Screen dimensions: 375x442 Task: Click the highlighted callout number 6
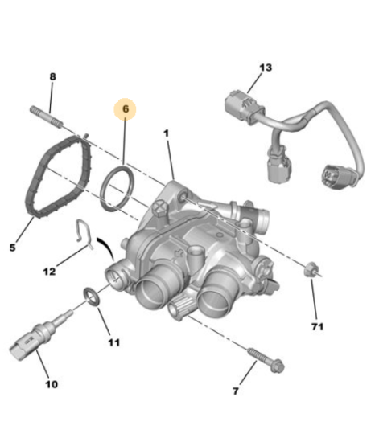tap(126, 108)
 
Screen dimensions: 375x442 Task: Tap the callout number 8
tap(53, 76)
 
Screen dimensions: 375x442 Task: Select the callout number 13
tap(266, 68)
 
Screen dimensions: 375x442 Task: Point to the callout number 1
tap(167, 133)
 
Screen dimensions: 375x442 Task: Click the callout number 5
tap(12, 248)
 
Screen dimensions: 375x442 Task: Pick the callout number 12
tap(49, 272)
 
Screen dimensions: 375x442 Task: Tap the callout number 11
tap(114, 342)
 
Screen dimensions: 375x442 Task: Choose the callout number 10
tap(52, 384)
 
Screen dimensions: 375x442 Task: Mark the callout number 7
tap(236, 391)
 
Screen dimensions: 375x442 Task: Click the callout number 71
tap(317, 327)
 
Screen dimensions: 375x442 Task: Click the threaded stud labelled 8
tap(47, 117)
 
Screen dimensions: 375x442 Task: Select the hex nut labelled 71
tap(311, 269)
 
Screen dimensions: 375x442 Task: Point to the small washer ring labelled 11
tap(92, 297)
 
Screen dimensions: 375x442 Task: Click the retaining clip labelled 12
tap(84, 235)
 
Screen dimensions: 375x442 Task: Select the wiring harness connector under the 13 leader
tap(245, 107)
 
